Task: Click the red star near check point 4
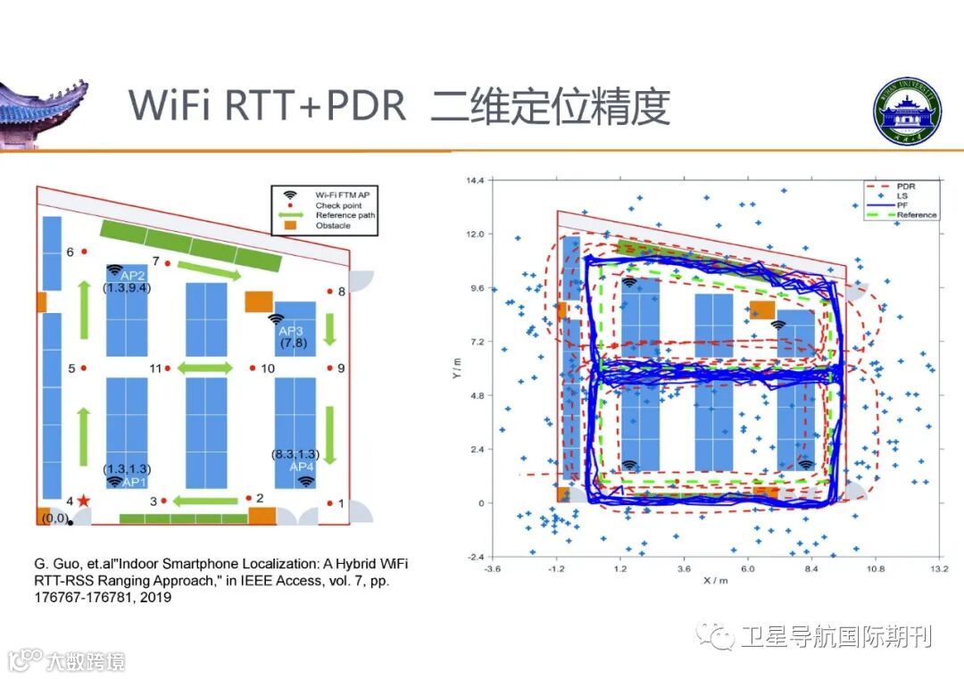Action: coord(84,501)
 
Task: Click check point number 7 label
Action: coord(155,261)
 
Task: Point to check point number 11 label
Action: coord(155,368)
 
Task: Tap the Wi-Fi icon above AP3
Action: coord(276,319)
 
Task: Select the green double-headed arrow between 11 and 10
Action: coord(206,368)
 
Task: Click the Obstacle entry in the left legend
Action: coord(332,226)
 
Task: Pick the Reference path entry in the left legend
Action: coord(345,215)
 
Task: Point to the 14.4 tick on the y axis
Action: coord(472,180)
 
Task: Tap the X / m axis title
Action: coord(716,580)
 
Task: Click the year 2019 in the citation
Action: coord(154,598)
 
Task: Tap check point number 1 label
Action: coord(341,504)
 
